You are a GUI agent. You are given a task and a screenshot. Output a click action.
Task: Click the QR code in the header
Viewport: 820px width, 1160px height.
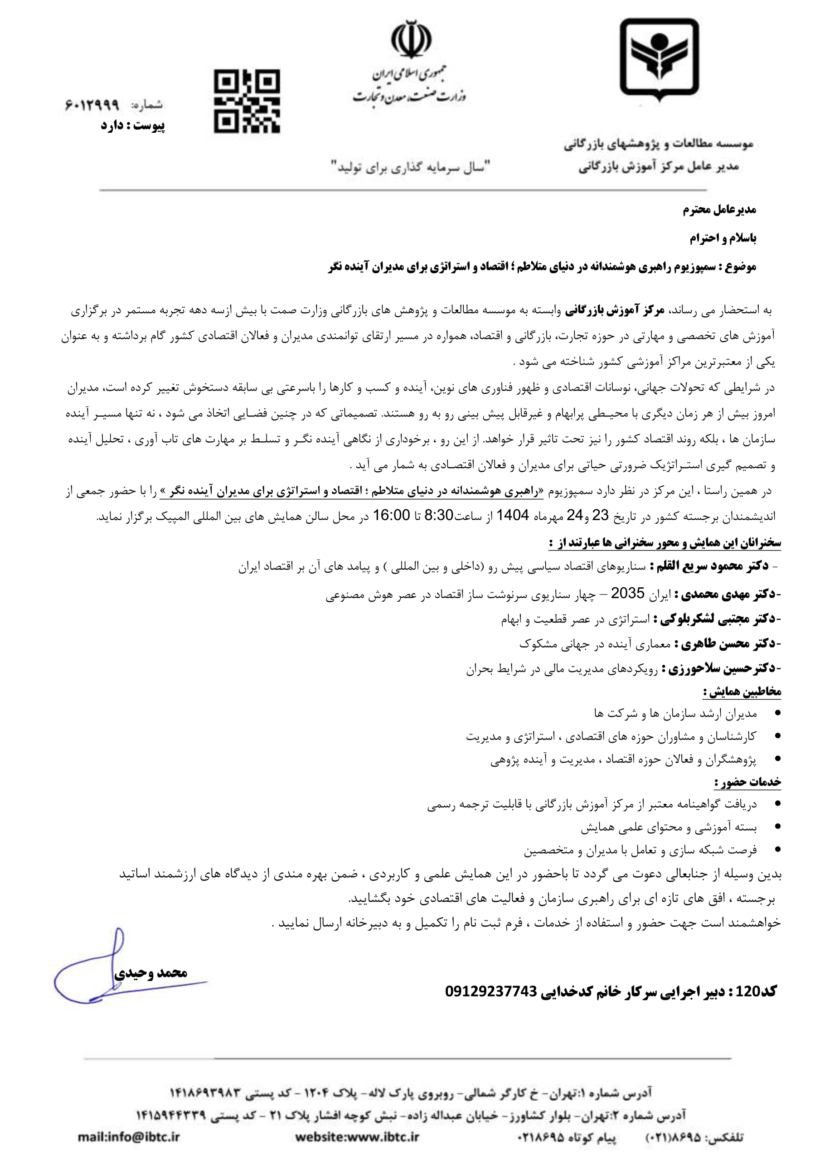coord(247,101)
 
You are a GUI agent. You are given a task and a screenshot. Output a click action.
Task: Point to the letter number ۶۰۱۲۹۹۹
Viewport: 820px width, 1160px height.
coord(92,105)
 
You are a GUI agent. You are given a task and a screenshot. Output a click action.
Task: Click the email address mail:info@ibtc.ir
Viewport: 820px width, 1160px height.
coord(129,1137)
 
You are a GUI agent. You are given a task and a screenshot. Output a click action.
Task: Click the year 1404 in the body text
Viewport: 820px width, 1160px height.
coord(512,515)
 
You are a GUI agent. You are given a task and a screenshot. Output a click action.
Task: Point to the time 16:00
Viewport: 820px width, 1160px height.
coord(391,515)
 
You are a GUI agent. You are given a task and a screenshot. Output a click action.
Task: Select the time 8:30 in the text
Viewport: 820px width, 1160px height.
coord(438,515)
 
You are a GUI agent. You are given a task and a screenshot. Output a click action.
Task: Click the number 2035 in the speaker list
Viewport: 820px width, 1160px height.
coord(627,593)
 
